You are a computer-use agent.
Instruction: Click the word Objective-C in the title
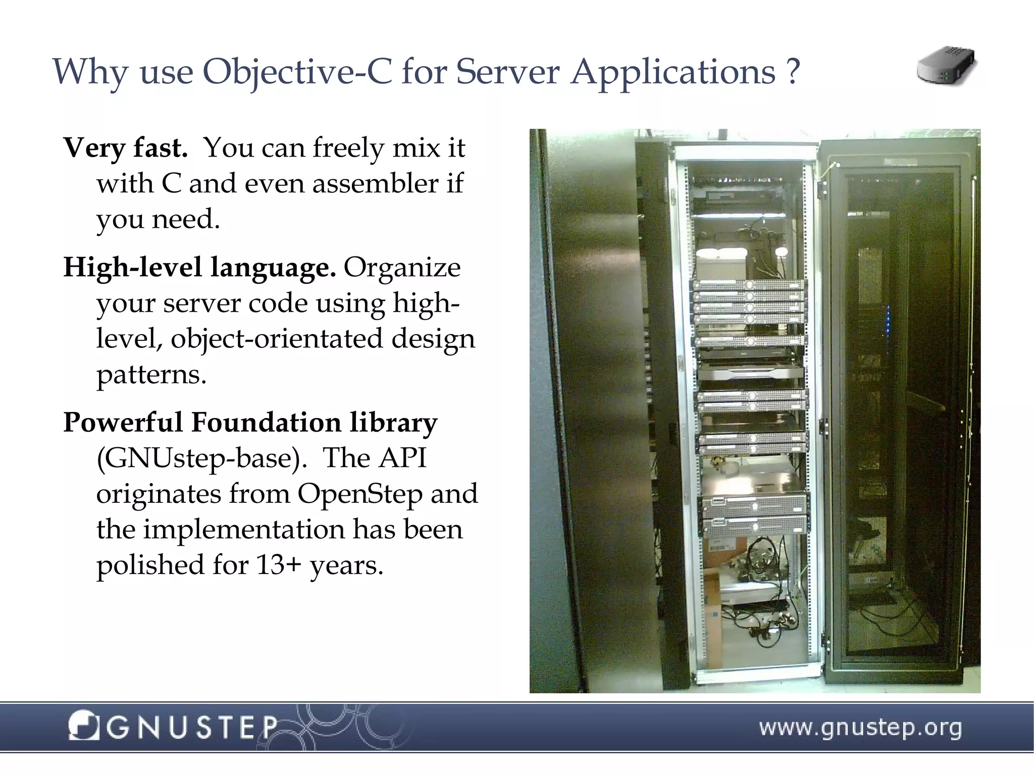click(x=297, y=72)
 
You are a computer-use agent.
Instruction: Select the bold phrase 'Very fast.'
click(x=126, y=148)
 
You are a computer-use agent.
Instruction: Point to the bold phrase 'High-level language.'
click(x=199, y=267)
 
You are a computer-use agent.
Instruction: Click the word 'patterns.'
click(x=151, y=375)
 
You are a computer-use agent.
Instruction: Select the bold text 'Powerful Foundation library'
click(x=250, y=422)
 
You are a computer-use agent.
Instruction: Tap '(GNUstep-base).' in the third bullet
click(x=201, y=458)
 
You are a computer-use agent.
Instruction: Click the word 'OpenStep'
click(x=359, y=494)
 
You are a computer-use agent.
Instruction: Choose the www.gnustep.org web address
click(x=860, y=728)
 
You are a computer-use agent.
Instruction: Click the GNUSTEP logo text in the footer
click(x=192, y=728)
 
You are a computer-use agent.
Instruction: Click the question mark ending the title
click(x=793, y=72)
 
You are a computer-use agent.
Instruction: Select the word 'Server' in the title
click(x=507, y=72)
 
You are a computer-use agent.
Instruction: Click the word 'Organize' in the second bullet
click(x=402, y=267)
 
